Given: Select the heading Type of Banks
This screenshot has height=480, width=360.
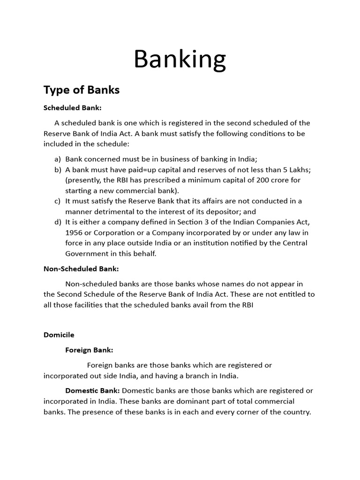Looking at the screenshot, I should click(82, 90).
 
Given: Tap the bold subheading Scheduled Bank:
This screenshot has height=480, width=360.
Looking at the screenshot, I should click(72, 107).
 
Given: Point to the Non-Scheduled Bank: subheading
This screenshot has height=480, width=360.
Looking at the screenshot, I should click(81, 269).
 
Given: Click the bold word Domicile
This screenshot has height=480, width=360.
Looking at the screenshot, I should click(59, 335).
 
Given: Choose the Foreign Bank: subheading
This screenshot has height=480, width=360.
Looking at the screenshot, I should click(89, 350).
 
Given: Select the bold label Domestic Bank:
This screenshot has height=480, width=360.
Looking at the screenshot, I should click(92, 390).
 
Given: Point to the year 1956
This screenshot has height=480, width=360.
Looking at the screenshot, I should click(74, 232).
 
